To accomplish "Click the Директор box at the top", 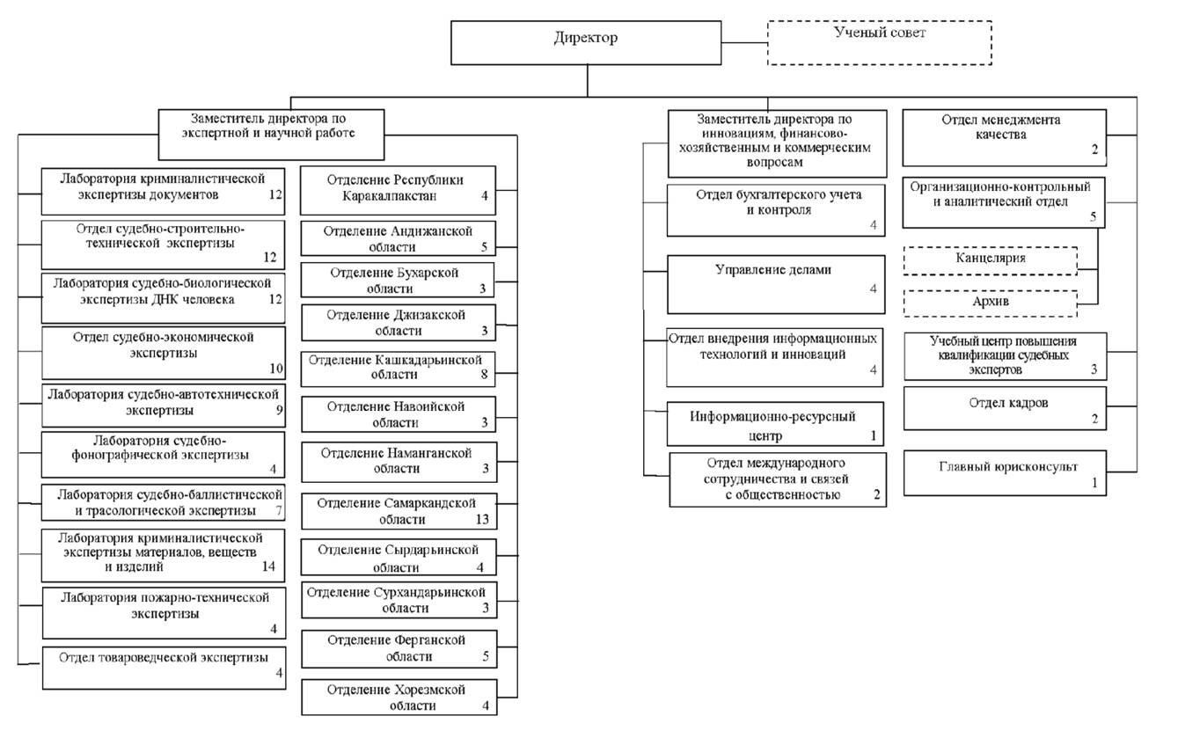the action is point(586,43).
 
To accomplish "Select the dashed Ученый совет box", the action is point(879,43).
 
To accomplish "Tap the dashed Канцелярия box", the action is point(990,261).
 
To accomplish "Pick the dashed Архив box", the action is point(990,303).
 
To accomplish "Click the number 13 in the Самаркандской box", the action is point(481,519).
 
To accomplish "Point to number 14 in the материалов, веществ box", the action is point(268,566).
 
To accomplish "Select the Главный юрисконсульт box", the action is point(1005,473).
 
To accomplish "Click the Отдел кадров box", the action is point(1005,408).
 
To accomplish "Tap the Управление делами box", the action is point(776,284).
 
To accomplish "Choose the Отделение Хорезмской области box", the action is point(399,698).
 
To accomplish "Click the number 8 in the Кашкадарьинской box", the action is point(484,374).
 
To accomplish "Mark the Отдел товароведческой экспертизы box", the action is point(164,668).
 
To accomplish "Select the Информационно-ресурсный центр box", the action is point(775,424).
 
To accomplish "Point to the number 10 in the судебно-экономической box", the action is point(276,369).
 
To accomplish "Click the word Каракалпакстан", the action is point(390,196).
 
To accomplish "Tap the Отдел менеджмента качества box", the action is point(1005,137).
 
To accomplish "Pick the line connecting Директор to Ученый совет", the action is point(744,42).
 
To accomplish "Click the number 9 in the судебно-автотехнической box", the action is point(279,410).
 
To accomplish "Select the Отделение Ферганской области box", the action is point(399,648).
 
